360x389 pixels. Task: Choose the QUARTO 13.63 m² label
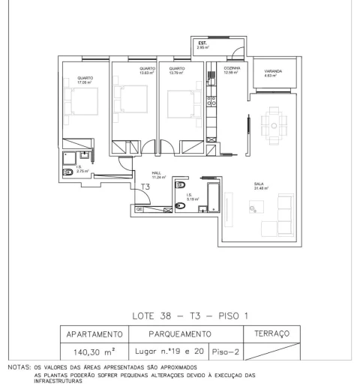tap(145, 70)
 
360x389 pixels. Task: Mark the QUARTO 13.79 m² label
tap(178, 70)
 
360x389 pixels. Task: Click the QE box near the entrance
tap(139, 210)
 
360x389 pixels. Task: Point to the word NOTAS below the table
tap(15, 367)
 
